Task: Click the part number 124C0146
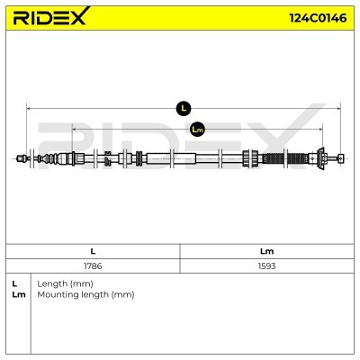[x=318, y=18]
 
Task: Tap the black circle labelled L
[x=184, y=108]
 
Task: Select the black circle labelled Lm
[x=197, y=130]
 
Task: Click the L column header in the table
[x=93, y=251]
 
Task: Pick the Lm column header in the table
[x=266, y=251]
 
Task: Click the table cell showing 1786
[x=93, y=265]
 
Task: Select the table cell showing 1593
[x=266, y=265]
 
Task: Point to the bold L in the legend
[x=14, y=283]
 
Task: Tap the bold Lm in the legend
[x=19, y=294]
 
